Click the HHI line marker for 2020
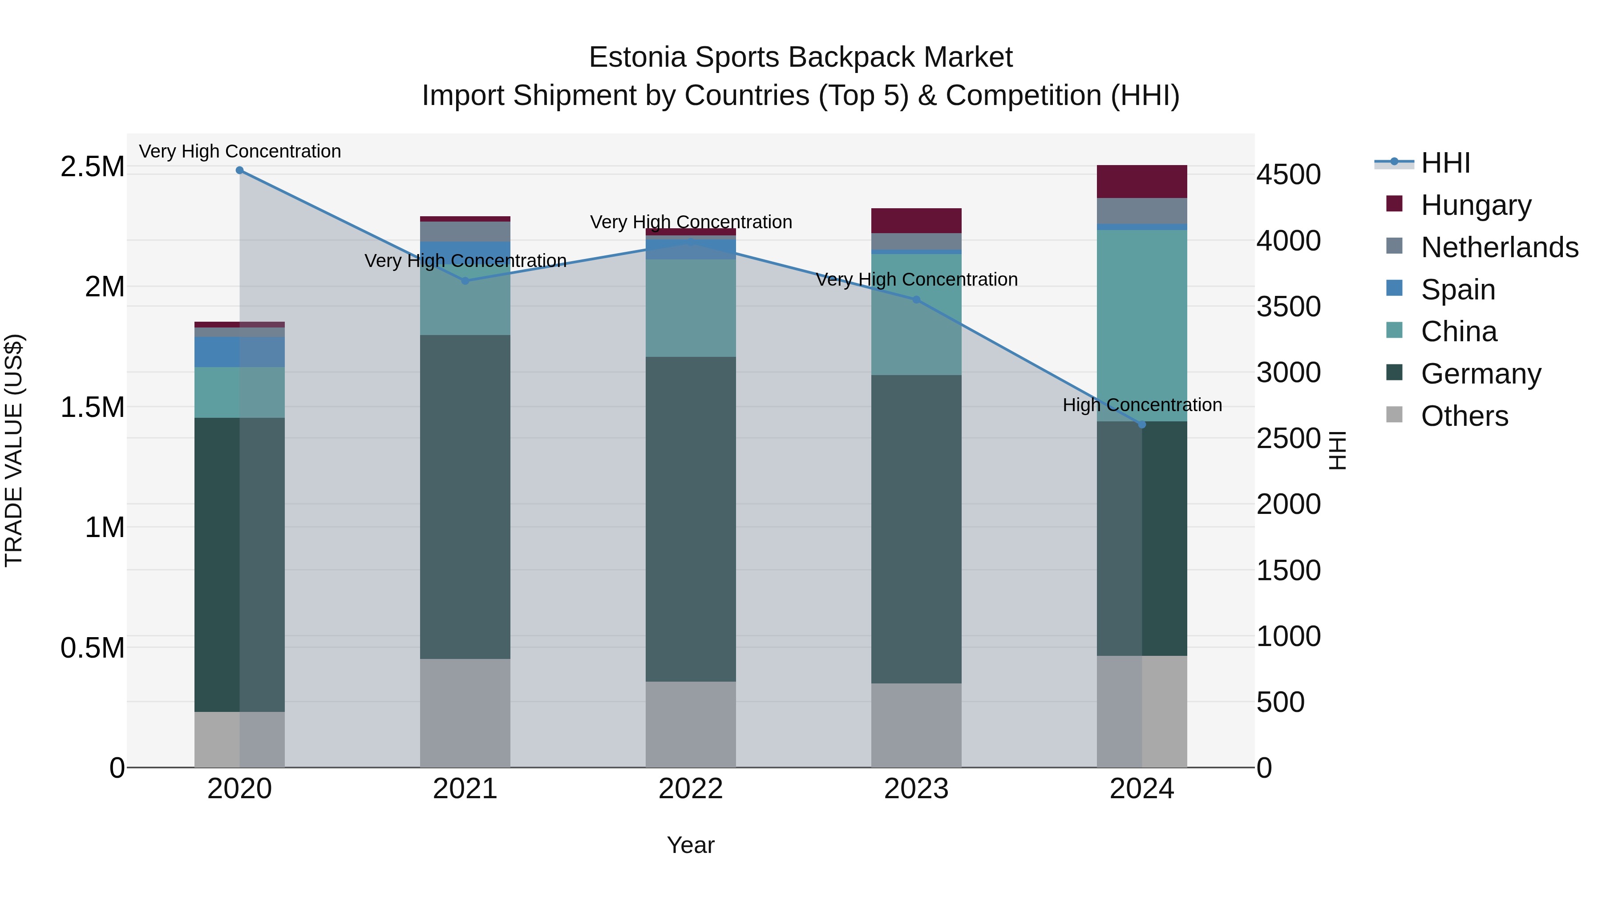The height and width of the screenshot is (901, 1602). tap(239, 170)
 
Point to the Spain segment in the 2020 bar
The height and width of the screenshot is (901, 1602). tap(239, 352)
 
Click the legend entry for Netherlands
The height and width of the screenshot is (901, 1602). tap(1499, 247)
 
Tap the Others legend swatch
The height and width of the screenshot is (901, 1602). tap(1394, 414)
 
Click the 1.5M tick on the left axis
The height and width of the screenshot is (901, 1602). tap(92, 407)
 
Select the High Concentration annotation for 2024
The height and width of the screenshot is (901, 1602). tap(1142, 405)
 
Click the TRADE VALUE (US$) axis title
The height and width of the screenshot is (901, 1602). tap(14, 450)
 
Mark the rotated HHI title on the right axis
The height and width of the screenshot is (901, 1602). tap(1338, 450)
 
